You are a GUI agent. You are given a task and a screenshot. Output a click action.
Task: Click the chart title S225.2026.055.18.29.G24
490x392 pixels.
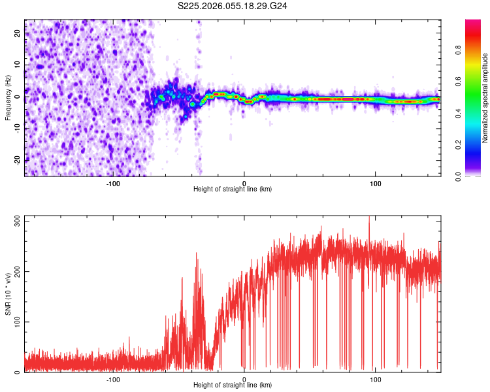pyautogui.click(x=233, y=6)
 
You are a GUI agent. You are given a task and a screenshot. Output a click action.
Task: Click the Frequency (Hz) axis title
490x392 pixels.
pyautogui.click(x=8, y=97)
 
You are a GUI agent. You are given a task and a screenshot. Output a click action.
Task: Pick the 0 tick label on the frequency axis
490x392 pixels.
pyautogui.click(x=18, y=97)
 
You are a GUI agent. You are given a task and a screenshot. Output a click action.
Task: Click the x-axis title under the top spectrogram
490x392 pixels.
pyautogui.click(x=233, y=189)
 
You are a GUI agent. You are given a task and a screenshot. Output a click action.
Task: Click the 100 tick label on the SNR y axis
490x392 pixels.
pyautogui.click(x=16, y=322)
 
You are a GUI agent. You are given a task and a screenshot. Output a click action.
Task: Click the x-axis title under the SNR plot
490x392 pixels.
pyautogui.click(x=233, y=385)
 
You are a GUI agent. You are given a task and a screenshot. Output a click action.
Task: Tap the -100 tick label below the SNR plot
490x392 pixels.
pyautogui.click(x=113, y=379)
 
